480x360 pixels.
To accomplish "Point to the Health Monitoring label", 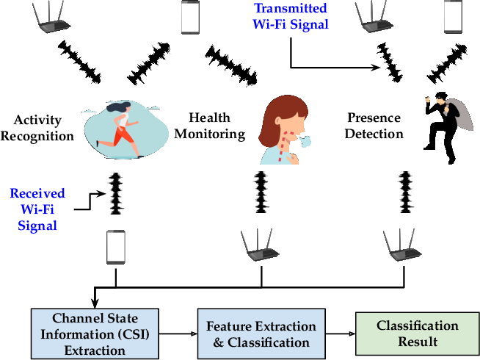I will coord(209,126).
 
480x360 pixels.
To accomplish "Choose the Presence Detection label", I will coord(374,125).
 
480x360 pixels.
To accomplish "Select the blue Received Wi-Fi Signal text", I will coord(37,209).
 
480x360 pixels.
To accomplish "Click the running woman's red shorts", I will coord(123,136).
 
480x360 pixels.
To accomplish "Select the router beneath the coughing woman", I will coord(261,245).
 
